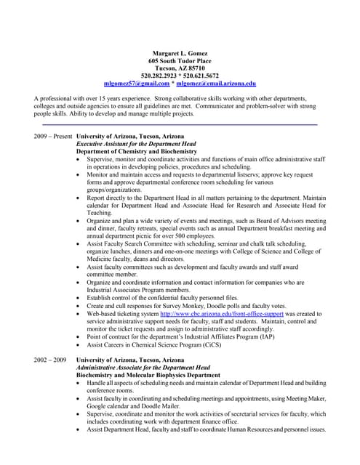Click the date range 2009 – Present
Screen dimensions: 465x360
tap(53, 137)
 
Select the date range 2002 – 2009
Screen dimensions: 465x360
tap(50, 360)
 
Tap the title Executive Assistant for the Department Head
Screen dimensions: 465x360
tap(137, 144)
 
